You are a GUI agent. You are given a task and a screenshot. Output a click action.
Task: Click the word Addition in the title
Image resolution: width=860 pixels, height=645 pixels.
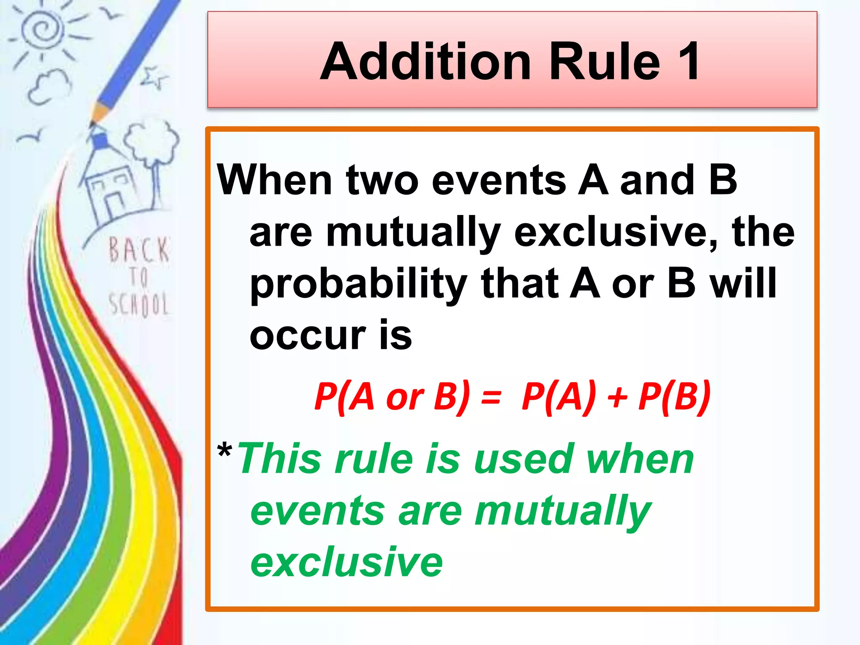(x=427, y=62)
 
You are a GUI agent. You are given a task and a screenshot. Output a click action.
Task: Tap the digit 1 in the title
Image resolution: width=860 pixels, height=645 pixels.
(x=687, y=62)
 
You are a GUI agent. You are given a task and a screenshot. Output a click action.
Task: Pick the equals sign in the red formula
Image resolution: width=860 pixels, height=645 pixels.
(x=491, y=397)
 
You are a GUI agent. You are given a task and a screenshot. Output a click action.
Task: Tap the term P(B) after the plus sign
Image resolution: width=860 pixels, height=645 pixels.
(x=674, y=397)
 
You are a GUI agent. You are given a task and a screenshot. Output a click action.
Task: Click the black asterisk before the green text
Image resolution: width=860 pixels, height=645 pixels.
(x=225, y=452)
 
